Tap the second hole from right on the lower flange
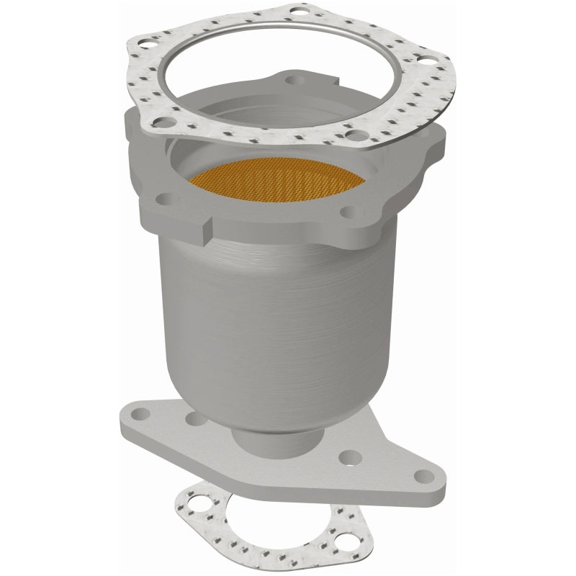(x=347, y=455)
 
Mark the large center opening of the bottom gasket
(x=259, y=522)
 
